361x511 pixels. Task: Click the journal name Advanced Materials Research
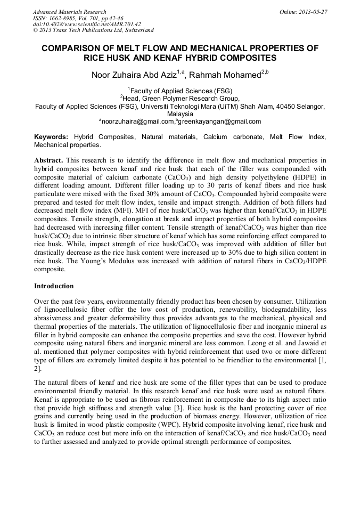tap(69, 12)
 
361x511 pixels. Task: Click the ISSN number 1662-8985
tap(63, 18)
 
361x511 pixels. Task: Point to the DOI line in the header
tap(87, 24)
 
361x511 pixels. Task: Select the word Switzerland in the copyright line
tap(137, 30)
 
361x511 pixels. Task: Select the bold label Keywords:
tap(51, 137)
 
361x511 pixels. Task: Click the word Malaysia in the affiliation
tap(180, 114)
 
